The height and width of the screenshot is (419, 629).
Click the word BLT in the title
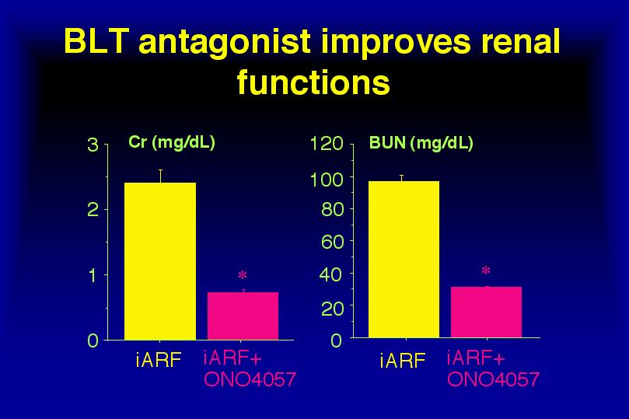[96, 41]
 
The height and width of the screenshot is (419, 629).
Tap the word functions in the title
[313, 82]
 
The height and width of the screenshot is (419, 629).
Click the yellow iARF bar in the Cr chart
[160, 261]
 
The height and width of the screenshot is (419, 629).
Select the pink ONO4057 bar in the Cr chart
[243, 316]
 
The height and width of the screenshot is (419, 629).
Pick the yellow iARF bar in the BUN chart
[404, 259]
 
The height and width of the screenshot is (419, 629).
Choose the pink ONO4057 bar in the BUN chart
[486, 312]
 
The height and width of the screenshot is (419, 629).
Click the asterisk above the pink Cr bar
[243, 275]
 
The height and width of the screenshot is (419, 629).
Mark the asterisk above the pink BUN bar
[486, 271]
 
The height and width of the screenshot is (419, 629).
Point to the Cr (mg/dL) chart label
[172, 143]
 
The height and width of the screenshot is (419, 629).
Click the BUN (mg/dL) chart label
[421, 144]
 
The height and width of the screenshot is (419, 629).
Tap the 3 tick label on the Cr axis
[93, 145]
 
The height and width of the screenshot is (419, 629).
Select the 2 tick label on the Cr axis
[93, 210]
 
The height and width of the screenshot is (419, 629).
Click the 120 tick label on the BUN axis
[327, 144]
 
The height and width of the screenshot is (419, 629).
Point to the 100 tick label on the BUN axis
[327, 180]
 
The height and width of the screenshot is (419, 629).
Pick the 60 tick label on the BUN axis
[332, 242]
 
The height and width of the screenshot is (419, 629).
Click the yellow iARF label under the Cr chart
[159, 360]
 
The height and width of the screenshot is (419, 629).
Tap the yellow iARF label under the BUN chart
[403, 361]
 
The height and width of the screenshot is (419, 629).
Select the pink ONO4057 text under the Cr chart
[250, 379]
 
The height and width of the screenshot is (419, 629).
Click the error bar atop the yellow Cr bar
[160, 176]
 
